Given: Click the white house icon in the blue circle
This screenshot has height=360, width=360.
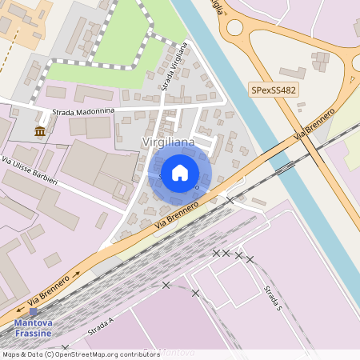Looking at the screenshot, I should (x=180, y=172).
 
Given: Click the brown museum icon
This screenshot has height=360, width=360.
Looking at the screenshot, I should (x=40, y=131).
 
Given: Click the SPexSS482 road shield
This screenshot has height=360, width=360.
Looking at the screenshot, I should (x=274, y=90).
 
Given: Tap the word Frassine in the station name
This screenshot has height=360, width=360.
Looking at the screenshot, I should (x=33, y=333).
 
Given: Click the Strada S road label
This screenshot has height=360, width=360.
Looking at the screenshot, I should (x=274, y=298).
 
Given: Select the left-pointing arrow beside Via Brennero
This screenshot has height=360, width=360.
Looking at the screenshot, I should (x=19, y=309).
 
